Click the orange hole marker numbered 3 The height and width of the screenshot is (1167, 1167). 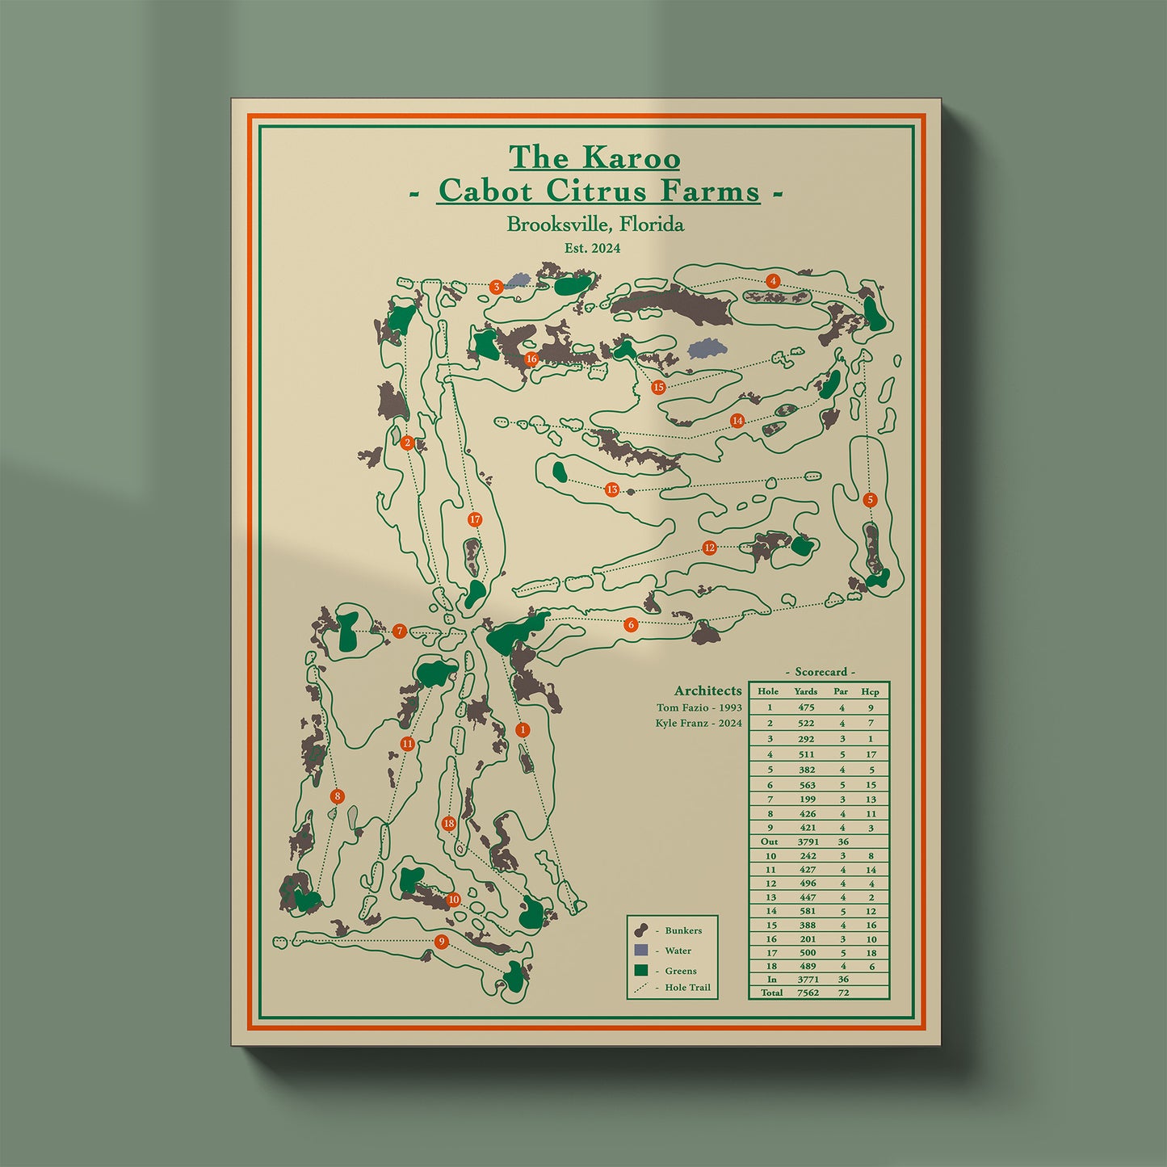click(x=497, y=287)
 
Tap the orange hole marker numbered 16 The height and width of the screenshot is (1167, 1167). click(x=531, y=359)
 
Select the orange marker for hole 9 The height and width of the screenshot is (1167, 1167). click(x=441, y=942)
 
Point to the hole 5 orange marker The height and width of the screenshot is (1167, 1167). click(x=870, y=500)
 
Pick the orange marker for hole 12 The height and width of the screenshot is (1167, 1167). click(x=709, y=548)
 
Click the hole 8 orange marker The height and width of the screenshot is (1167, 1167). click(x=338, y=796)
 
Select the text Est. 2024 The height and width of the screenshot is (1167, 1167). click(x=593, y=249)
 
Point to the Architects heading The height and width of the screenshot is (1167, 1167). click(x=707, y=691)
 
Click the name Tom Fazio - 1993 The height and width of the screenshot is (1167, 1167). click(x=699, y=708)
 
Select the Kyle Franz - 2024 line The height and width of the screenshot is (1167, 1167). click(x=699, y=724)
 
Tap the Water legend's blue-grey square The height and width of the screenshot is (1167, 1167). click(x=642, y=951)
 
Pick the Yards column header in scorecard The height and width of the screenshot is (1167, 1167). click(x=805, y=691)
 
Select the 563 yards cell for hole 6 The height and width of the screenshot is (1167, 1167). click(x=807, y=785)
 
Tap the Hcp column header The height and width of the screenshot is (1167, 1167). click(x=870, y=691)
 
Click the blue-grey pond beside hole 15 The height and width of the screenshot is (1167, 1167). click(x=707, y=348)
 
